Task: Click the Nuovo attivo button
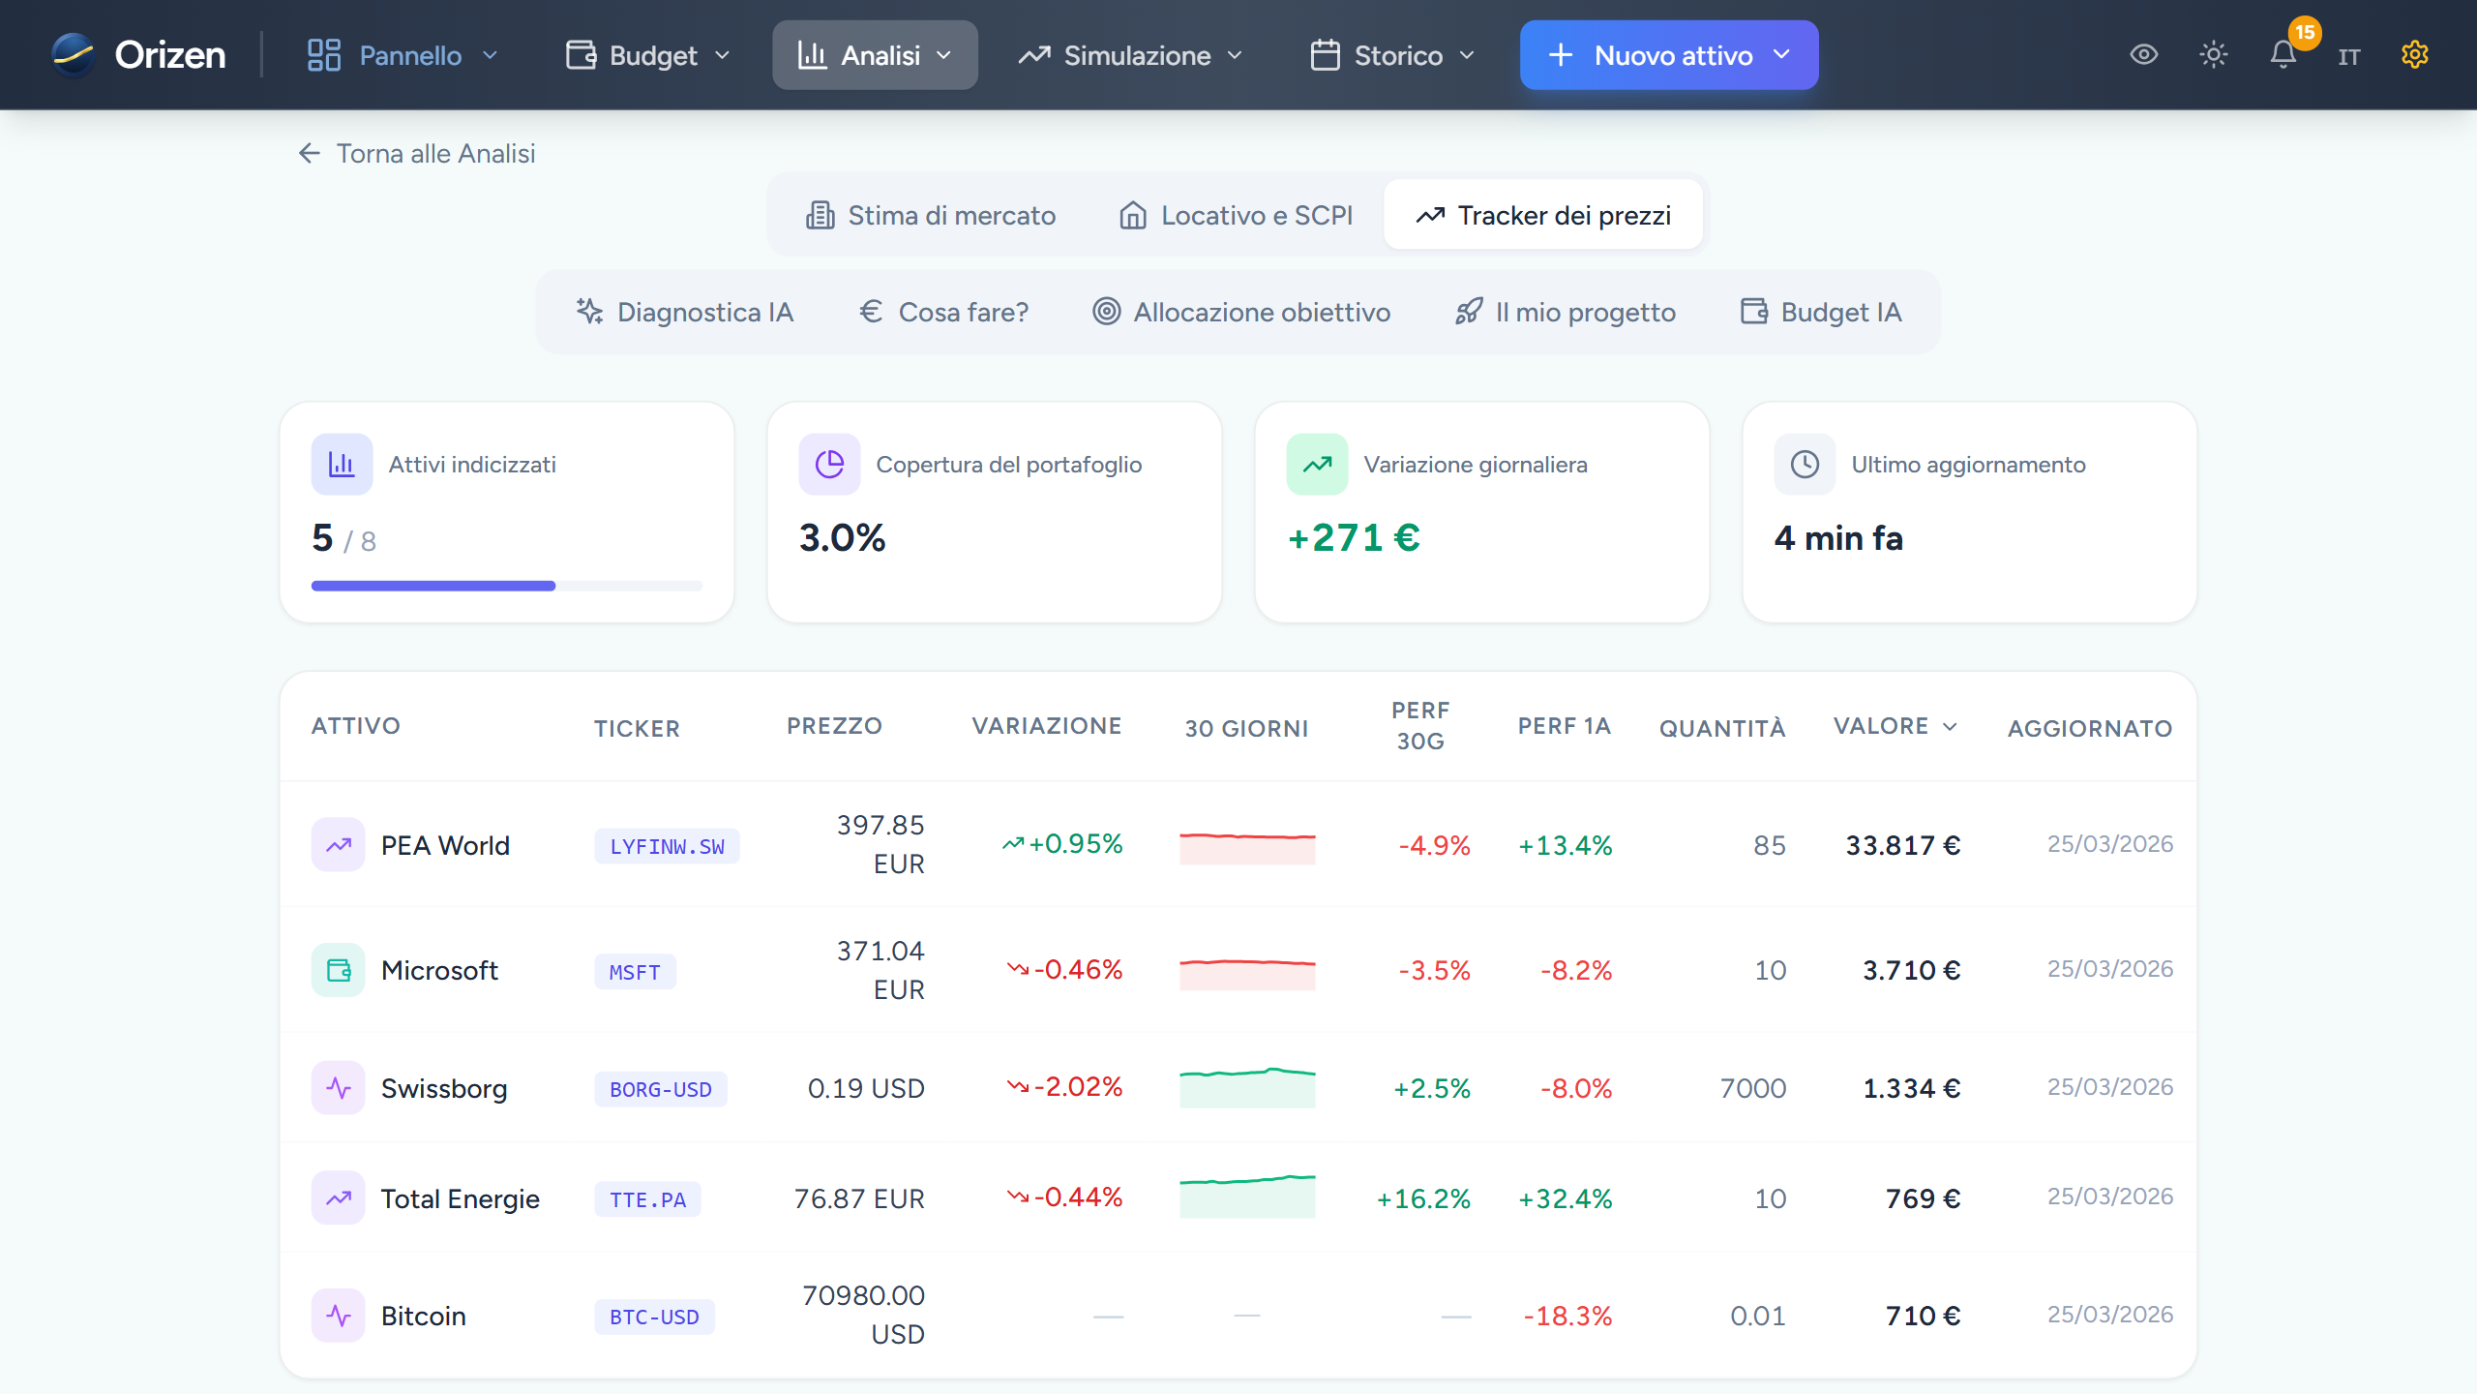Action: tap(1668, 55)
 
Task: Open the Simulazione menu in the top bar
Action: tap(1130, 55)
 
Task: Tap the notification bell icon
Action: tap(2283, 55)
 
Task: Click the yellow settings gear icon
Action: tap(2414, 55)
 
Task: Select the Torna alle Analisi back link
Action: tap(417, 154)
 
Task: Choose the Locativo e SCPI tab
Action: tap(1236, 215)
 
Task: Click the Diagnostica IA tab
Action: tap(685, 312)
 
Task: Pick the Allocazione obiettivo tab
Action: tap(1241, 312)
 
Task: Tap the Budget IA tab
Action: tap(1821, 312)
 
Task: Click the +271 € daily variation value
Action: tap(1354, 537)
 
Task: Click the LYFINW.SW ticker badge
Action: tap(667, 846)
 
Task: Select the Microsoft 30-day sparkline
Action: tap(1247, 971)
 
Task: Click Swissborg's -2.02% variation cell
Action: tap(1065, 1087)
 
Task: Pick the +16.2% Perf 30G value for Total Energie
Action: tap(1423, 1198)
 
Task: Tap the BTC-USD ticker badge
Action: tap(654, 1317)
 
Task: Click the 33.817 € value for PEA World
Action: tap(1902, 845)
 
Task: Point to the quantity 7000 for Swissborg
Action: tap(1752, 1088)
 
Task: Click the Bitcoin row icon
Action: tap(338, 1316)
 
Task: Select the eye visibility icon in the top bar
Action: tap(2143, 55)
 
